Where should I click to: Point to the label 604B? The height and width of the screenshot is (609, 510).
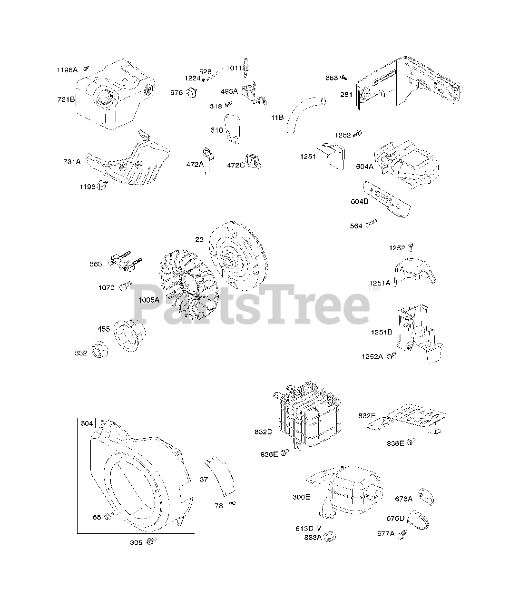[359, 201]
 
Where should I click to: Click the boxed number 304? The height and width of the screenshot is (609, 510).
[87, 423]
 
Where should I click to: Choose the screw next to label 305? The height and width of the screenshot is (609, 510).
[152, 541]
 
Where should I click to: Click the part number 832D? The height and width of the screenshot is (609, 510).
[263, 432]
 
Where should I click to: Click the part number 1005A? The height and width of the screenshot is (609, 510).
[149, 300]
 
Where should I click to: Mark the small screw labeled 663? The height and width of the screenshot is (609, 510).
[344, 77]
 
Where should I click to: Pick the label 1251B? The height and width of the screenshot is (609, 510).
[382, 332]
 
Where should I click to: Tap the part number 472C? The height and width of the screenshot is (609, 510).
[235, 165]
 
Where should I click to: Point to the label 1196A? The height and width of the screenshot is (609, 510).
[68, 70]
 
